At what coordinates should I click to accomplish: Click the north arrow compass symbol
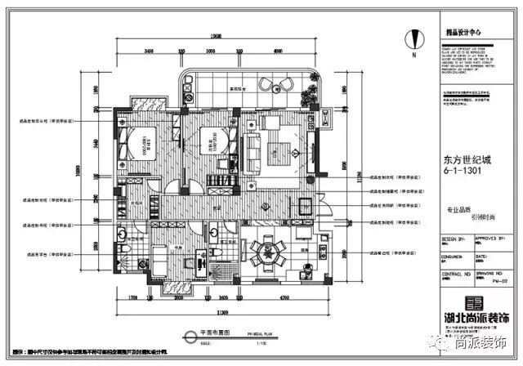point(414,38)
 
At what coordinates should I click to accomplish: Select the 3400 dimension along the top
point(150,51)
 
